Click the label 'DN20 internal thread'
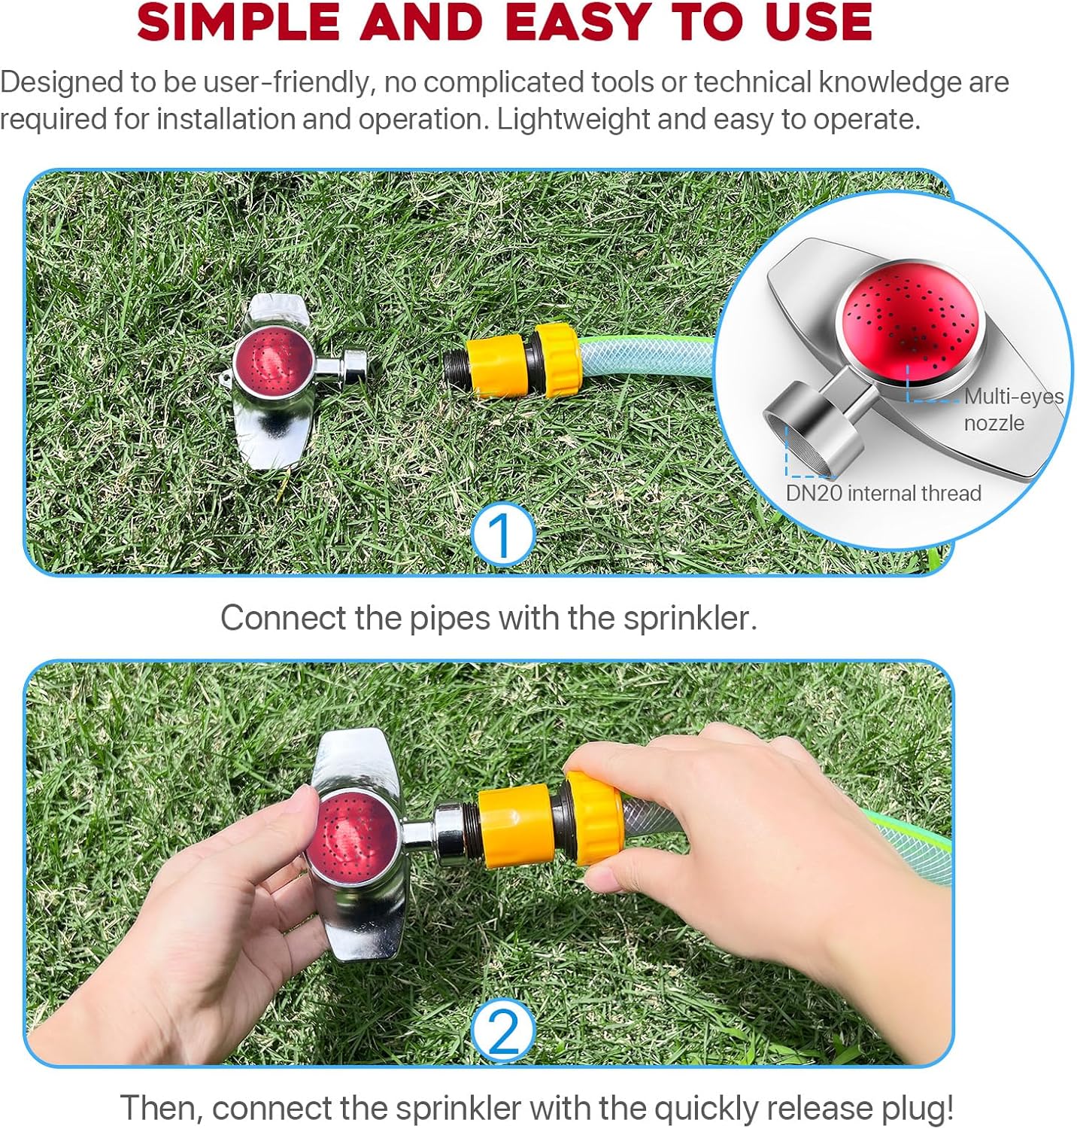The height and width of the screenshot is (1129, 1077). coord(884,493)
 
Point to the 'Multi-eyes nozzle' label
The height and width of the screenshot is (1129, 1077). coord(1013,409)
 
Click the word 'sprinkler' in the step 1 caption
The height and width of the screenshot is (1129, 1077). coord(689,618)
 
